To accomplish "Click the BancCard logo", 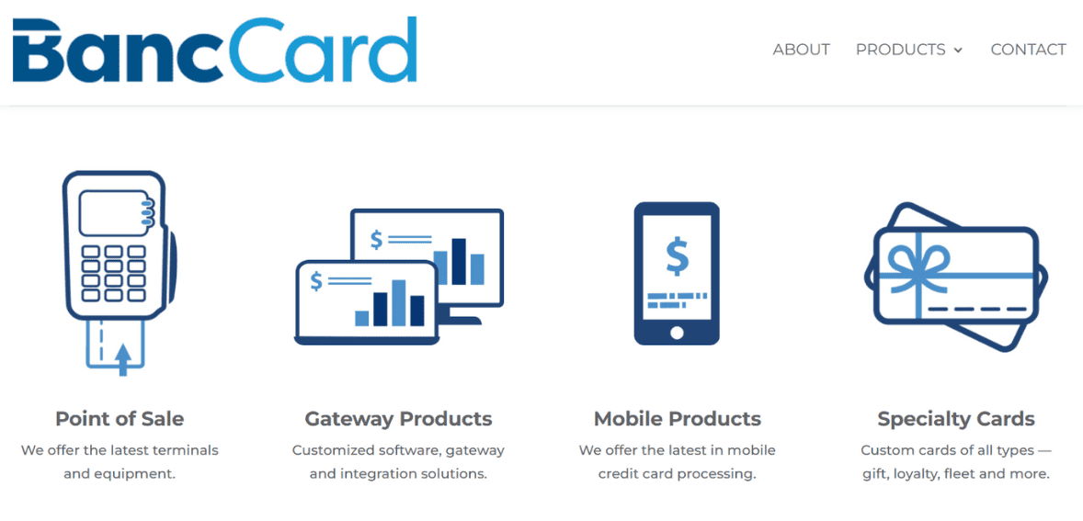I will click(215, 50).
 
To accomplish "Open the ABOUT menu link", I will click(801, 50).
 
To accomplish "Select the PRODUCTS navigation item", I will click(900, 50).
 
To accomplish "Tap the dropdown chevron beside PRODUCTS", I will click(958, 51).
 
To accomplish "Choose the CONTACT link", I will click(1028, 50).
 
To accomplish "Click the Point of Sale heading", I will click(120, 419).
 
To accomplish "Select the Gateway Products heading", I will click(398, 419).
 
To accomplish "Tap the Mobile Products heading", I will click(677, 419).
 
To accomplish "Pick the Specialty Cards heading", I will click(956, 419).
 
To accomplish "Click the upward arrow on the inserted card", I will click(123, 357).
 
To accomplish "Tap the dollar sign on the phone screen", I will click(677, 257).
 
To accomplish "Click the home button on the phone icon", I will click(677, 333).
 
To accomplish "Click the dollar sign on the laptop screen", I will click(317, 281).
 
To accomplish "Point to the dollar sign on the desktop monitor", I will click(376, 240).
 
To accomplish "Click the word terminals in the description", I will click(185, 450).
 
